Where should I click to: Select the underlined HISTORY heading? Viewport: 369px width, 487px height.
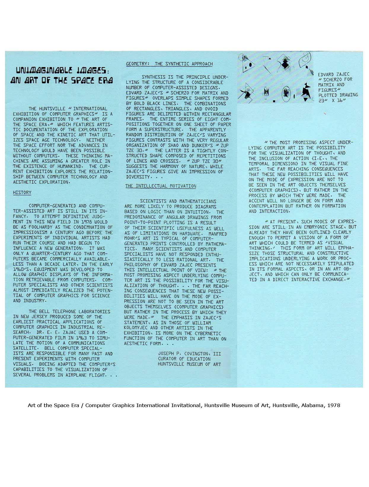pos(22,193)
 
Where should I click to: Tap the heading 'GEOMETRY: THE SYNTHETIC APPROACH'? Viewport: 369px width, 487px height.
pos(169,64)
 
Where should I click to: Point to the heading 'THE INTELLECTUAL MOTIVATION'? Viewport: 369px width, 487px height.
pos(161,186)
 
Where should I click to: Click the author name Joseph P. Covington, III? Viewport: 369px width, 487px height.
pos(189,354)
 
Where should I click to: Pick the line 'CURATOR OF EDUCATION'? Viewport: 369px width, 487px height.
pos(184,359)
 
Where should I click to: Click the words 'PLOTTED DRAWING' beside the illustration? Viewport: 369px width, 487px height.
pos(338,95)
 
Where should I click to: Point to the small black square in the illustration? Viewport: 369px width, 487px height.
pos(274,101)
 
